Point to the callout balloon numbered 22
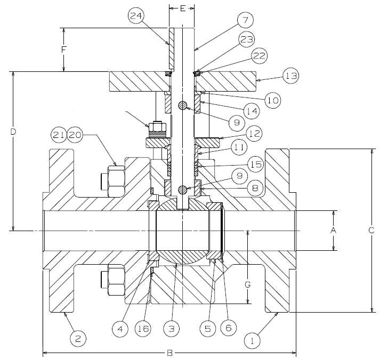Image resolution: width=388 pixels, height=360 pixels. (x=261, y=55)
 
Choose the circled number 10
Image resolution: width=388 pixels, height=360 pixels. (x=272, y=100)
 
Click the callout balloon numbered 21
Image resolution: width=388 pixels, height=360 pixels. (x=61, y=135)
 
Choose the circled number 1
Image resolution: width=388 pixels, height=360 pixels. (x=253, y=338)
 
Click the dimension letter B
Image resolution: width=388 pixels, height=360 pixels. (x=169, y=353)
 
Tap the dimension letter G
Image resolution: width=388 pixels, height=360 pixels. (x=247, y=284)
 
